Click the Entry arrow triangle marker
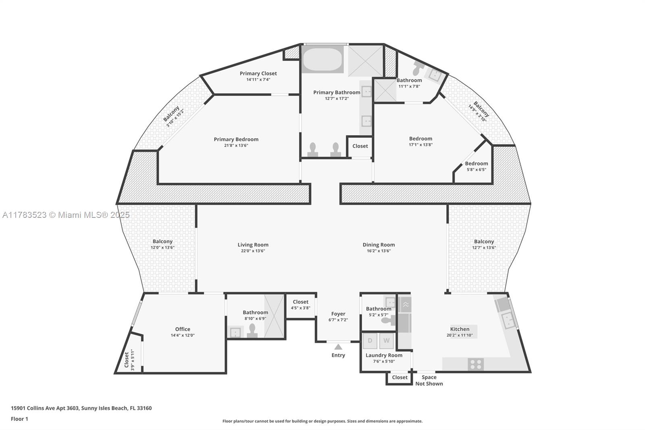coord(338,347)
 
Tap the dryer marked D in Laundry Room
coord(370,341)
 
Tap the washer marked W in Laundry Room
coord(386,341)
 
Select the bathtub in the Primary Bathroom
coord(322,60)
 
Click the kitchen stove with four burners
coord(476,364)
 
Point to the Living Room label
coord(253,244)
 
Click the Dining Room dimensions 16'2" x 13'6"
coord(379,251)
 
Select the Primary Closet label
coord(258,73)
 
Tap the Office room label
coord(183,329)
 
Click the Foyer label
coord(338,313)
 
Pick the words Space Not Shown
coord(429,380)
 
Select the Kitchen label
coord(460,329)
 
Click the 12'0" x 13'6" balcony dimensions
coord(162,248)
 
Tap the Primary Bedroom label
coord(236,139)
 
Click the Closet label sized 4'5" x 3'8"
coord(300,302)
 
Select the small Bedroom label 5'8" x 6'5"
coord(476,163)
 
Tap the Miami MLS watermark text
coord(66,215)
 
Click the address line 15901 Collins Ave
coord(81,408)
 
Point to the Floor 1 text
coord(19,419)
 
